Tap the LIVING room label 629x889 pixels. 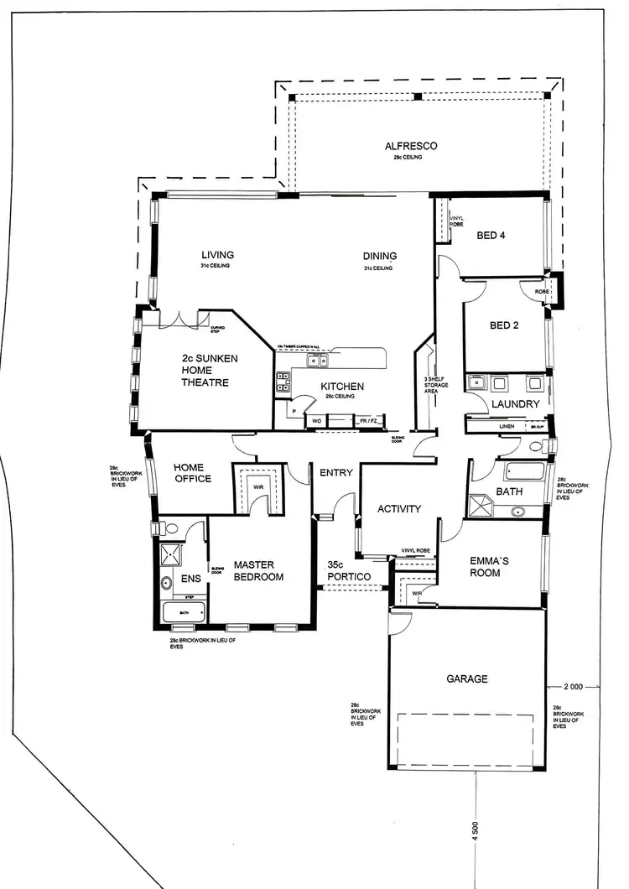pos(217,256)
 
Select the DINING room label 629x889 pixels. pos(379,257)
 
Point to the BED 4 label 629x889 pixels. pos(491,236)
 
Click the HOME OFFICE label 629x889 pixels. pos(192,473)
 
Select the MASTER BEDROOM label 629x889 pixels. pos(258,570)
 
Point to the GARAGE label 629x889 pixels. pos(467,679)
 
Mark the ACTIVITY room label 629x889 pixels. pos(398,509)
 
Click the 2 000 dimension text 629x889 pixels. pos(573,687)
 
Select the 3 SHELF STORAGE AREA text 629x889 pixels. pos(436,385)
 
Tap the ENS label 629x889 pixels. pos(191,578)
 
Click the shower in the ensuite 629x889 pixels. pos(171,554)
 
